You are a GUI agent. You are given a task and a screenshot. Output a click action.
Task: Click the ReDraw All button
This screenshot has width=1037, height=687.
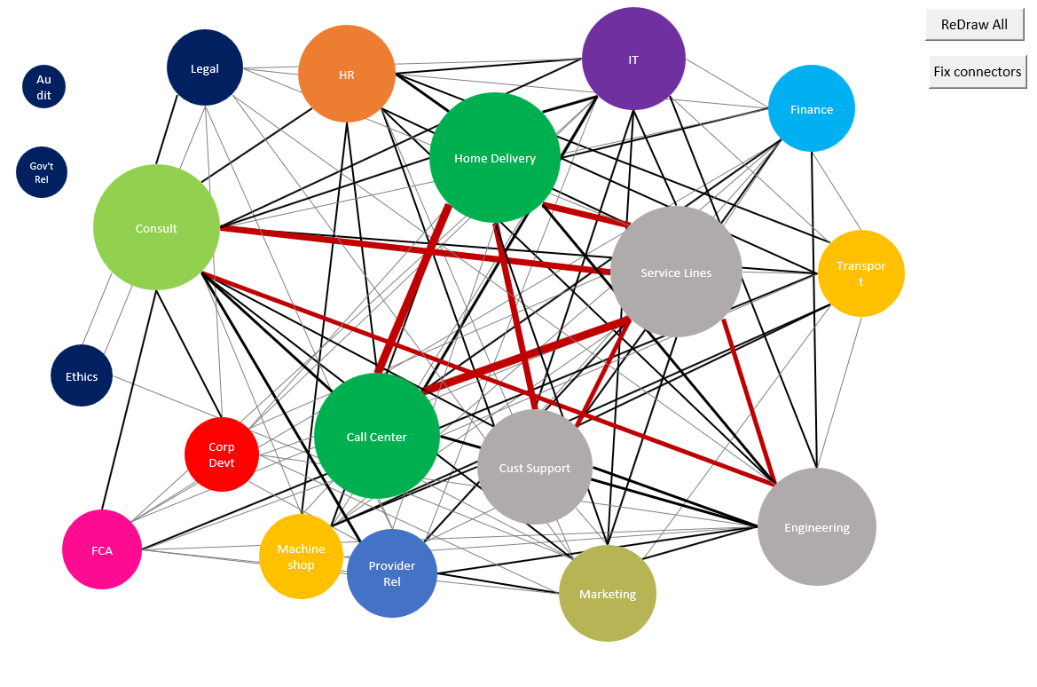974,25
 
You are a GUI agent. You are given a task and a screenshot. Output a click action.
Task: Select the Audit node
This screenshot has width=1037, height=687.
43,87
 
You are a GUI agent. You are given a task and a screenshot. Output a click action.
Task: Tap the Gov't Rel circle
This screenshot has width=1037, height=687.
42,172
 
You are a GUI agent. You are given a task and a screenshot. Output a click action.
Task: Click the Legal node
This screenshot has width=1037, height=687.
205,68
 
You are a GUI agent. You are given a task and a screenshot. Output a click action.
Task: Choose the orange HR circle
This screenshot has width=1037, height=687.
347,75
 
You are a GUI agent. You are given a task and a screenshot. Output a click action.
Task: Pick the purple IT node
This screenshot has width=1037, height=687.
633,59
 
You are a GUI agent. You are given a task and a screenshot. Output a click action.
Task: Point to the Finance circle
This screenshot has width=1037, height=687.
812,109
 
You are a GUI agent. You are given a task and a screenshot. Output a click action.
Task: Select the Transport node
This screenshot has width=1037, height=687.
860,273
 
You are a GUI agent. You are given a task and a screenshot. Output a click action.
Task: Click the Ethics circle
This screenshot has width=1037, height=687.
82,376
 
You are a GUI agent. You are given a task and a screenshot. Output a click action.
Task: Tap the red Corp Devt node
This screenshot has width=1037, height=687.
222,454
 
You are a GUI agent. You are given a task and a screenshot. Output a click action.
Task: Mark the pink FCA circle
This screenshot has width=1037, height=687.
102,550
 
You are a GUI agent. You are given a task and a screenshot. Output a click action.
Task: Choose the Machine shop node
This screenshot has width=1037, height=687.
301,557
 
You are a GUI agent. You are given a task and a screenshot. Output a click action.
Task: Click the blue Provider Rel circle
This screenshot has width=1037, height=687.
392,573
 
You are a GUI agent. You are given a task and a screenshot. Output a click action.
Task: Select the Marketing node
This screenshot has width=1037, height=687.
608,594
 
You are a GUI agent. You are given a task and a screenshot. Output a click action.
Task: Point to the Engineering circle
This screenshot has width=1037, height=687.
817,527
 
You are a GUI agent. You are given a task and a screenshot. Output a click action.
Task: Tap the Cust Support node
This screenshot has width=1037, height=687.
535,468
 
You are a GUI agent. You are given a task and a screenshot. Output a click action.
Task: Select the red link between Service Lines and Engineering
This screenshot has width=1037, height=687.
750,401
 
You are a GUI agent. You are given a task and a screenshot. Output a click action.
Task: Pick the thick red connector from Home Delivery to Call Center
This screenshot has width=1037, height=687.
413,289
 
